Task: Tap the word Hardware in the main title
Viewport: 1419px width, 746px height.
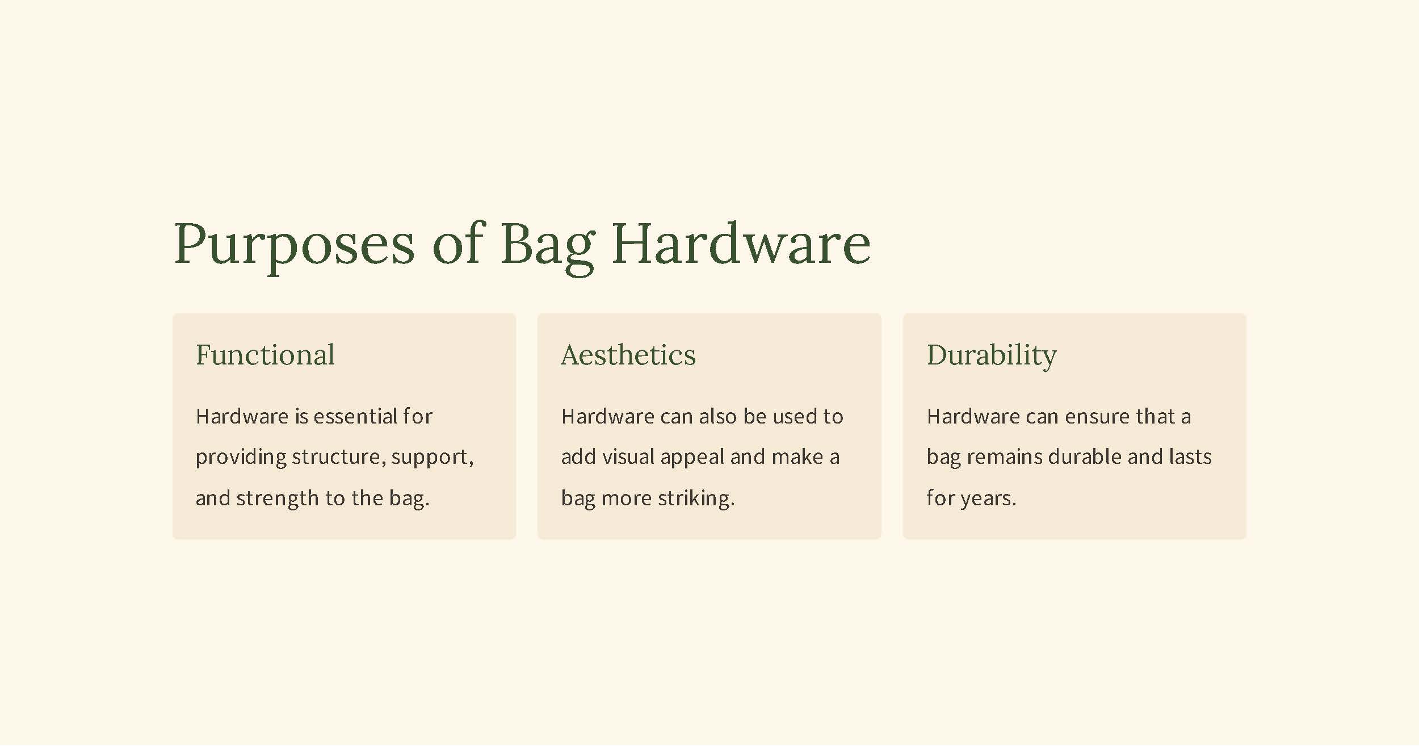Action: pos(741,244)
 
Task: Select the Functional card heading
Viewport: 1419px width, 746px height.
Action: pos(265,355)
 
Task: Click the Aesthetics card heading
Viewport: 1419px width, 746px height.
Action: pos(628,355)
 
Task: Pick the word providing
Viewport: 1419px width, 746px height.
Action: pos(241,458)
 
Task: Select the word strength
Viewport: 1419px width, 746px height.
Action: pos(278,498)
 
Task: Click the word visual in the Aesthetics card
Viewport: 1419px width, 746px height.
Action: pos(628,457)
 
